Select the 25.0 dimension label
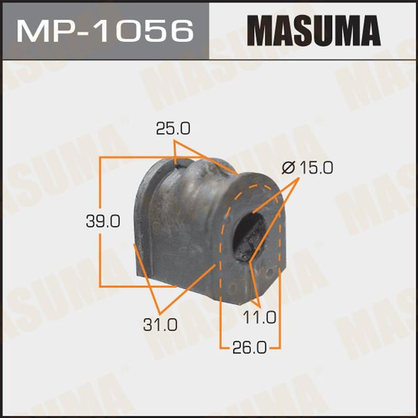[x=173, y=129]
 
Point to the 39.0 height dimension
[x=103, y=221]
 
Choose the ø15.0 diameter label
[x=307, y=168]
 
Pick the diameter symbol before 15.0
[x=287, y=169]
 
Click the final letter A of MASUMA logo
[x=368, y=30]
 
